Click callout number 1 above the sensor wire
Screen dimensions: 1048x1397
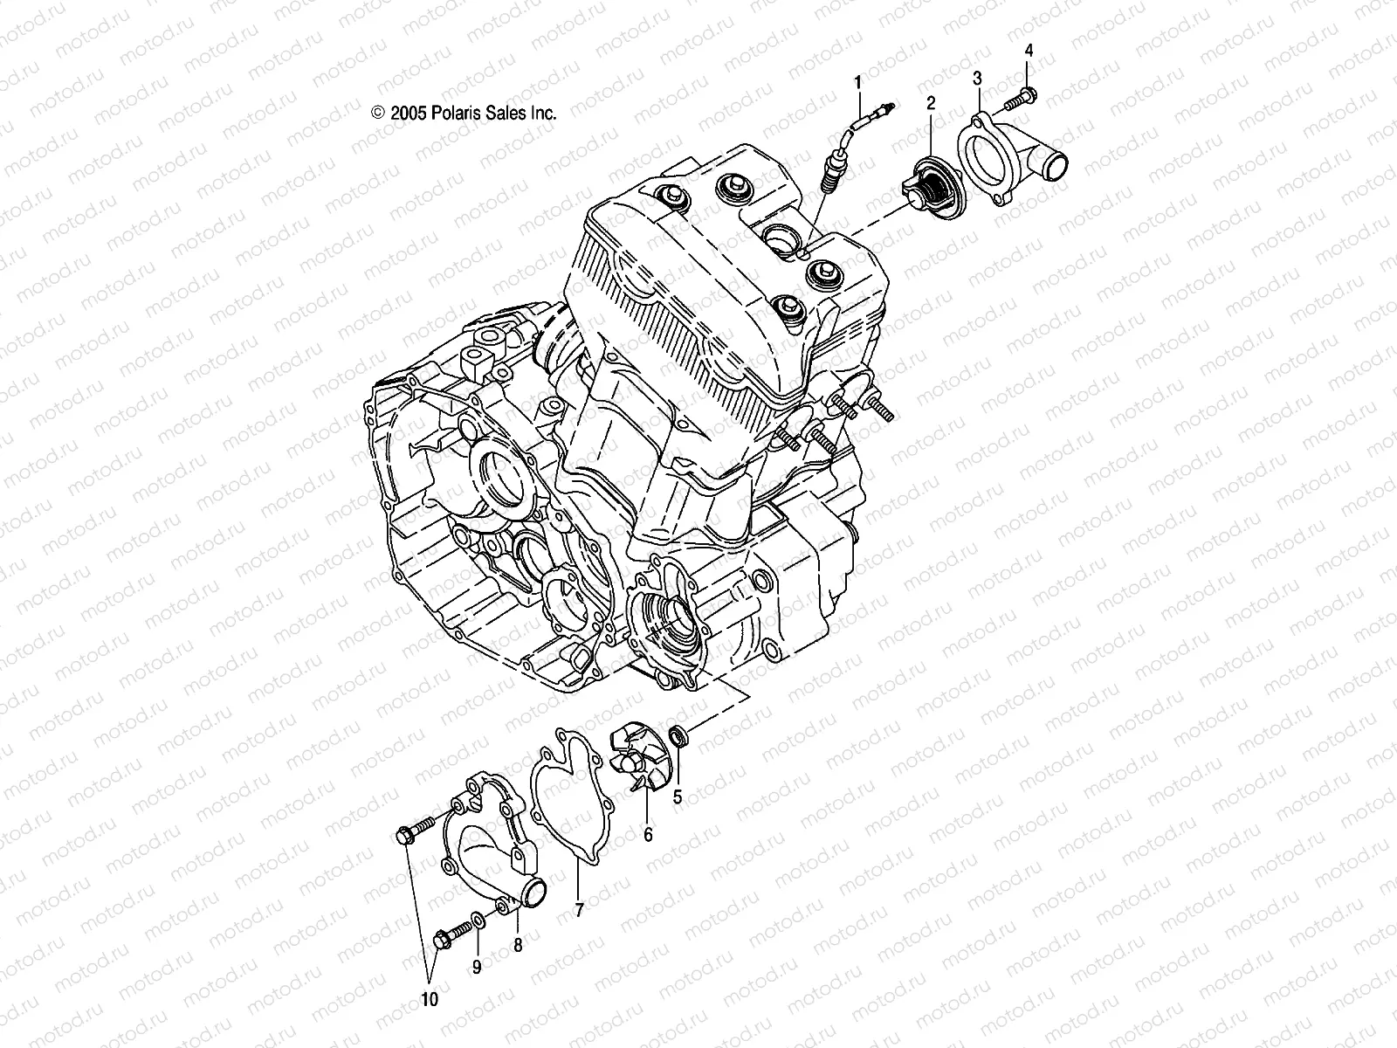[x=857, y=83]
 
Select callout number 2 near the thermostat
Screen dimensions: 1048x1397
[x=931, y=103]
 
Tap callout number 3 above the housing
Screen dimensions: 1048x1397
[x=977, y=79]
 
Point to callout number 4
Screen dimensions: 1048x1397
[x=1029, y=51]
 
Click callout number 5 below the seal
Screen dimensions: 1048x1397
[x=677, y=796]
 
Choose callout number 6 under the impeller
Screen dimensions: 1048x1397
[x=648, y=835]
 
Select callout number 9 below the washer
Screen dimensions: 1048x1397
[x=477, y=968]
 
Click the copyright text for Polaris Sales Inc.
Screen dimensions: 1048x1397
[x=464, y=113]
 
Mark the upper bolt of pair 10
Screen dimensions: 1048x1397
[x=415, y=831]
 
